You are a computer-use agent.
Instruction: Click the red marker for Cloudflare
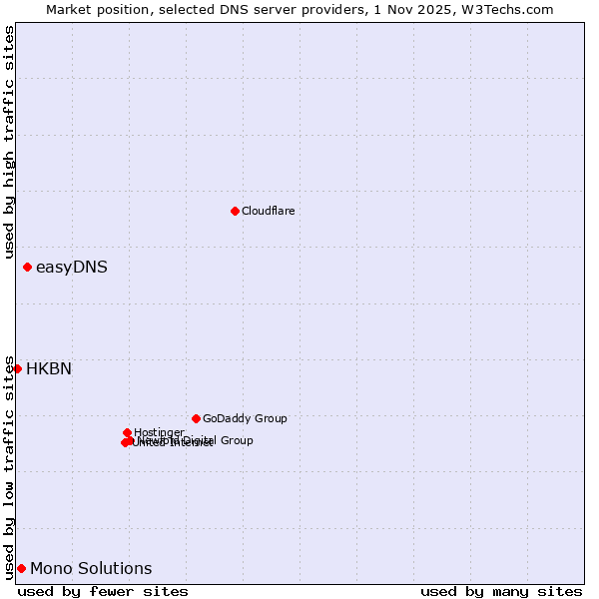(235, 211)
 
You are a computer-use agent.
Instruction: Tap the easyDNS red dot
(27, 267)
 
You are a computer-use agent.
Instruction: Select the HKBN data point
(17, 368)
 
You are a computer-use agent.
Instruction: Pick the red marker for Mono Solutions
(21, 568)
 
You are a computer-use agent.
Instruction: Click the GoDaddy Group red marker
(196, 418)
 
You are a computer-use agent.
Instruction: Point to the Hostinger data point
(127, 432)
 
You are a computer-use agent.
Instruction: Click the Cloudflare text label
(268, 211)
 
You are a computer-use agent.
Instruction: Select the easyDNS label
(71, 268)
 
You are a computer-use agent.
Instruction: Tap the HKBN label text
(48, 369)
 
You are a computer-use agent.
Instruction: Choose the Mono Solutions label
(91, 569)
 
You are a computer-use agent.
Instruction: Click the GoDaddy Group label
(245, 419)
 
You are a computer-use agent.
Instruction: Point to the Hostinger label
(160, 431)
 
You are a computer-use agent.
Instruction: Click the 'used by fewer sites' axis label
(103, 591)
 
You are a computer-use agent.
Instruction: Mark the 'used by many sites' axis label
(501, 591)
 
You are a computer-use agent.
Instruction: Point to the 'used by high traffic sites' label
(9, 142)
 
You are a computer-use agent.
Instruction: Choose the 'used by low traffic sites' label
(9, 466)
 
